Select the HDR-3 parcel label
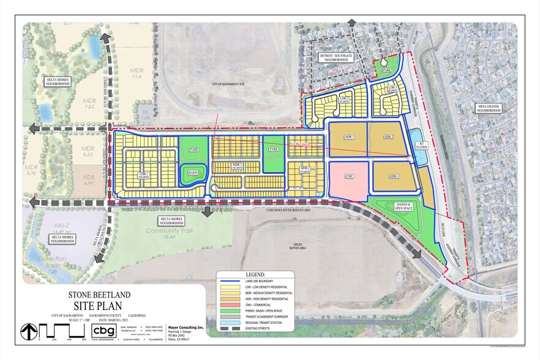(394, 176)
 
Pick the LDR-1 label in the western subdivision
(144, 174)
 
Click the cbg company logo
(103, 331)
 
